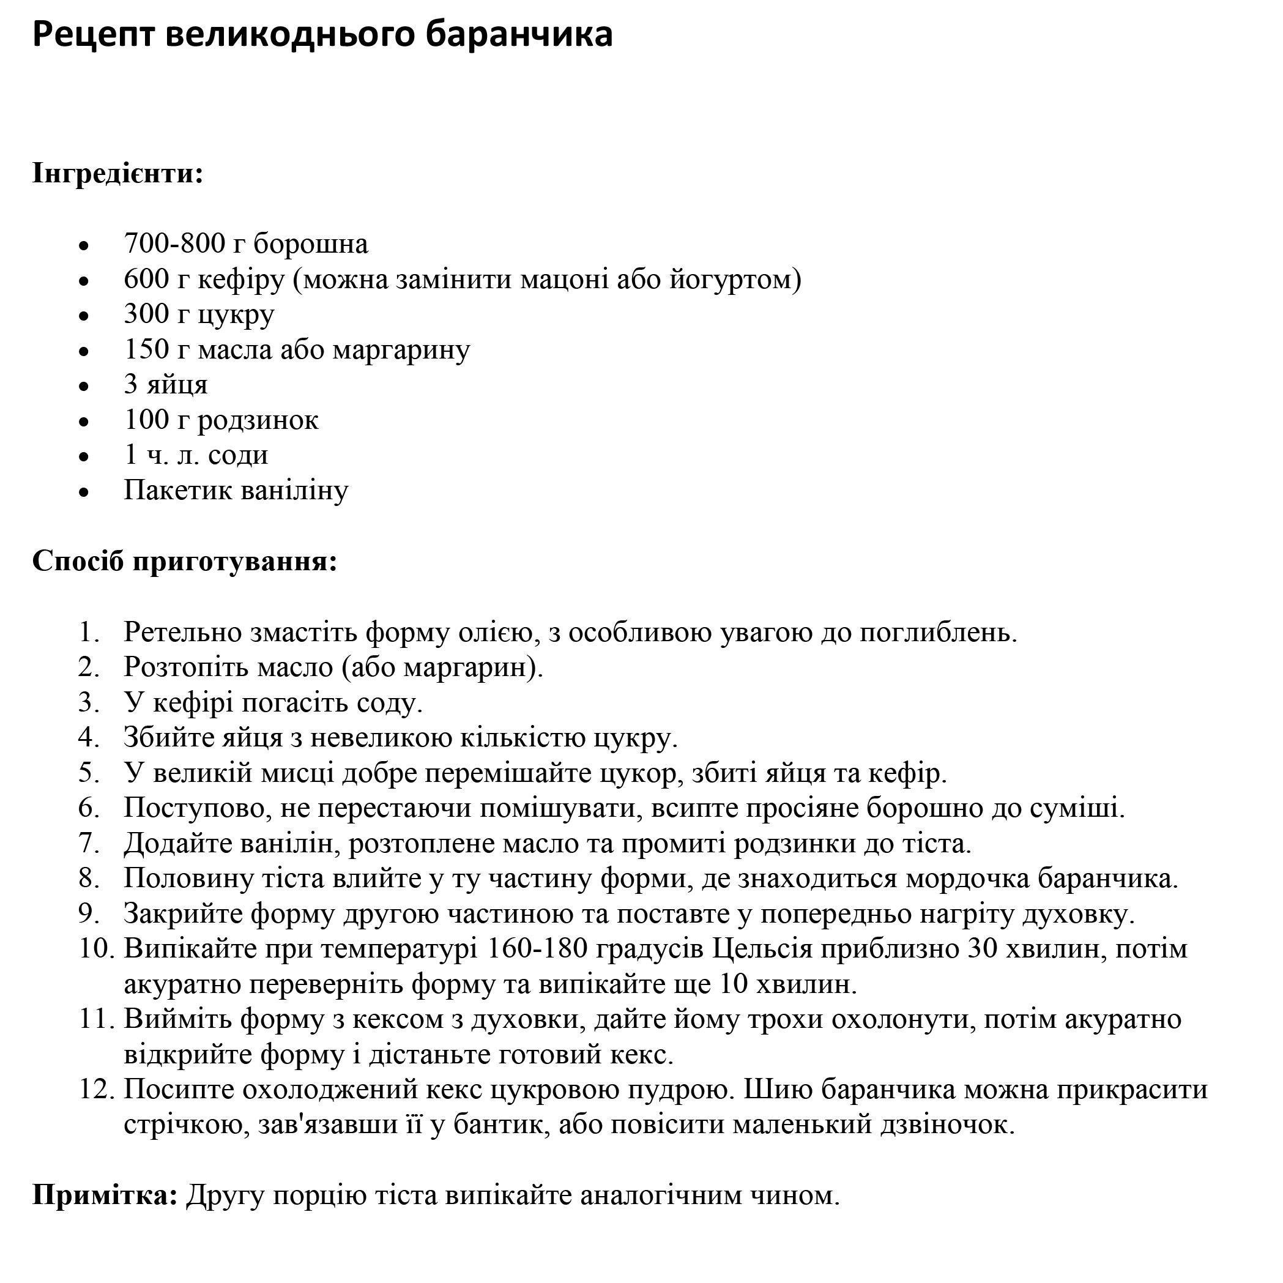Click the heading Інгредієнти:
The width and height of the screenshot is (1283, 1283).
[x=117, y=174]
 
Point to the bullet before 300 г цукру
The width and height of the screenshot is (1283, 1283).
[x=84, y=317]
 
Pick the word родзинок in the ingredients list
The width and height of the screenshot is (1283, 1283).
[x=258, y=420]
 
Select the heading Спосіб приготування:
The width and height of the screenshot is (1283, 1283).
[x=185, y=561]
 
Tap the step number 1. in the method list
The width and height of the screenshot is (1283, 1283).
[x=89, y=631]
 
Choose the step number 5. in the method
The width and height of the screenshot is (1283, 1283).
[x=89, y=772]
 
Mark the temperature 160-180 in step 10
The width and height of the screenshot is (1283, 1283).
[x=537, y=949]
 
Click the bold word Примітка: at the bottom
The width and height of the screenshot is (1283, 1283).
[x=105, y=1196]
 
